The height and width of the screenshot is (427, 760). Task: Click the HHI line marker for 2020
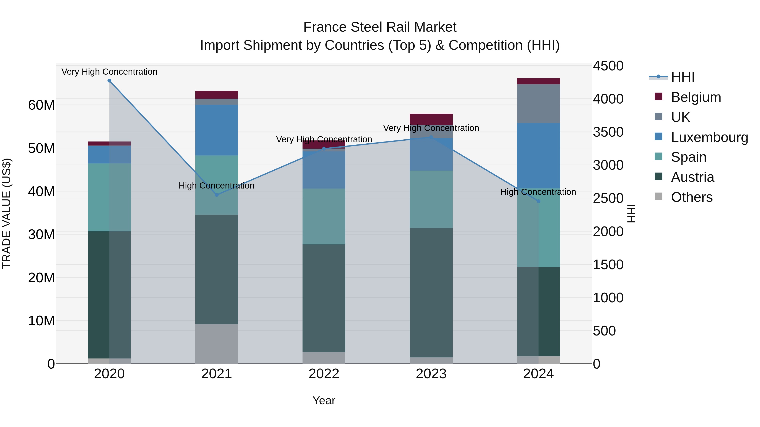pyautogui.click(x=109, y=81)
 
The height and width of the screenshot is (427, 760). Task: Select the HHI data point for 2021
pyautogui.click(x=217, y=195)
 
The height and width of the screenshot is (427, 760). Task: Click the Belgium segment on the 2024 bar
pyautogui.click(x=538, y=81)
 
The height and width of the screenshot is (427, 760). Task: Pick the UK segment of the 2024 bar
pyautogui.click(x=538, y=104)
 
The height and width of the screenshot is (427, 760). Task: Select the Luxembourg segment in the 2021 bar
pyautogui.click(x=217, y=130)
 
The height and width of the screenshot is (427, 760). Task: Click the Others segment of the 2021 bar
pyautogui.click(x=217, y=344)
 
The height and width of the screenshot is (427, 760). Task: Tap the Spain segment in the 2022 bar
pyautogui.click(x=324, y=216)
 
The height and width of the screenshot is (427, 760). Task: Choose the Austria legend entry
pyautogui.click(x=692, y=177)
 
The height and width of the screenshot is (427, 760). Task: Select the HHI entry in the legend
pyautogui.click(x=682, y=77)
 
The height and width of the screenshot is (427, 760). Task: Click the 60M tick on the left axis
pyautogui.click(x=41, y=105)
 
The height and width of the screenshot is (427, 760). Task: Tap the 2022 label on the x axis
pyautogui.click(x=324, y=374)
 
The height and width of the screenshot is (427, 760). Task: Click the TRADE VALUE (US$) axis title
pyautogui.click(x=7, y=213)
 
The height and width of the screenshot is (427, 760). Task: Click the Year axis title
pyautogui.click(x=324, y=400)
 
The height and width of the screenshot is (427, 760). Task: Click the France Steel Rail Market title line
pyautogui.click(x=380, y=27)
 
